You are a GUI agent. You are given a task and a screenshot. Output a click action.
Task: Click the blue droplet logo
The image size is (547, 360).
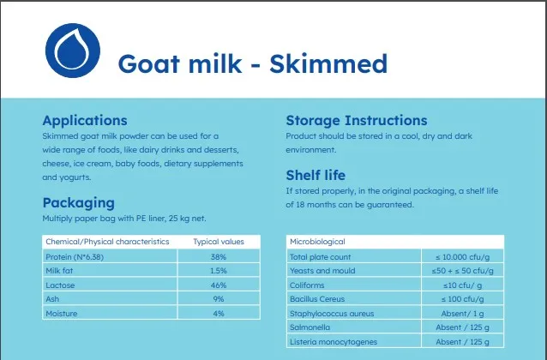(73, 51)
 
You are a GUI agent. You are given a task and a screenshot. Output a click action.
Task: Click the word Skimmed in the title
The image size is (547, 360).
(328, 63)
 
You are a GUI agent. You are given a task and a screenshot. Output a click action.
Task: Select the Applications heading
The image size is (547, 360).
(85, 121)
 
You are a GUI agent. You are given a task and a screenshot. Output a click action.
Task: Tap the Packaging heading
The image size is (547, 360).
(79, 203)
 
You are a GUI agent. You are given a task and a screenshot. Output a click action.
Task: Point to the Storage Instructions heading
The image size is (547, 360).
(357, 120)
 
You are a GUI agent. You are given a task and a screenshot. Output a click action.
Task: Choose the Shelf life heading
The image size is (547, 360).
(316, 175)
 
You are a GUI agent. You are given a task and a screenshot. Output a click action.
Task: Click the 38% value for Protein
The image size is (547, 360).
(219, 257)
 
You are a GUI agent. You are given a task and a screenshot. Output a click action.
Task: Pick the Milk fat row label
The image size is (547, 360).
(59, 271)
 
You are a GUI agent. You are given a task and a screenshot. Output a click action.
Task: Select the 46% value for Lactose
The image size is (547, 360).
(219, 285)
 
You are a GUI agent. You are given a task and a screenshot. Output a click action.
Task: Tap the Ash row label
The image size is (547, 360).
(52, 299)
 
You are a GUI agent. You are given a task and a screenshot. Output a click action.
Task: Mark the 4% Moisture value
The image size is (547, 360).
(219, 313)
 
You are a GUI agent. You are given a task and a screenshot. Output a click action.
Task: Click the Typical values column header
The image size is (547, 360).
(219, 242)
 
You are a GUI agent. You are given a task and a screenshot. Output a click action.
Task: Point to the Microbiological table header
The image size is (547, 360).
(317, 242)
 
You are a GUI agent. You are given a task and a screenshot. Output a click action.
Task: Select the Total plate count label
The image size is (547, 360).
(321, 257)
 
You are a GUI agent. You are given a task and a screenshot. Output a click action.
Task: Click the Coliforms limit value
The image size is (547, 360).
(463, 285)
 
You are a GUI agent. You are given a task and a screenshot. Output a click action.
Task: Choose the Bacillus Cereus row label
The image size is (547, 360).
(317, 299)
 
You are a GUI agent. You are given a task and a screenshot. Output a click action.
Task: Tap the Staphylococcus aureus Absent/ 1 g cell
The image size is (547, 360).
(463, 314)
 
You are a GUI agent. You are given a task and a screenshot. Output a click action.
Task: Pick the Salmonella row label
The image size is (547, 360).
(310, 327)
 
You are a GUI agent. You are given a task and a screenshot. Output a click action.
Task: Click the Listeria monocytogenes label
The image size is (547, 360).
(334, 342)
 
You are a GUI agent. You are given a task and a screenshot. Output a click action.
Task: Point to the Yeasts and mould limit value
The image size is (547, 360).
(463, 271)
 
